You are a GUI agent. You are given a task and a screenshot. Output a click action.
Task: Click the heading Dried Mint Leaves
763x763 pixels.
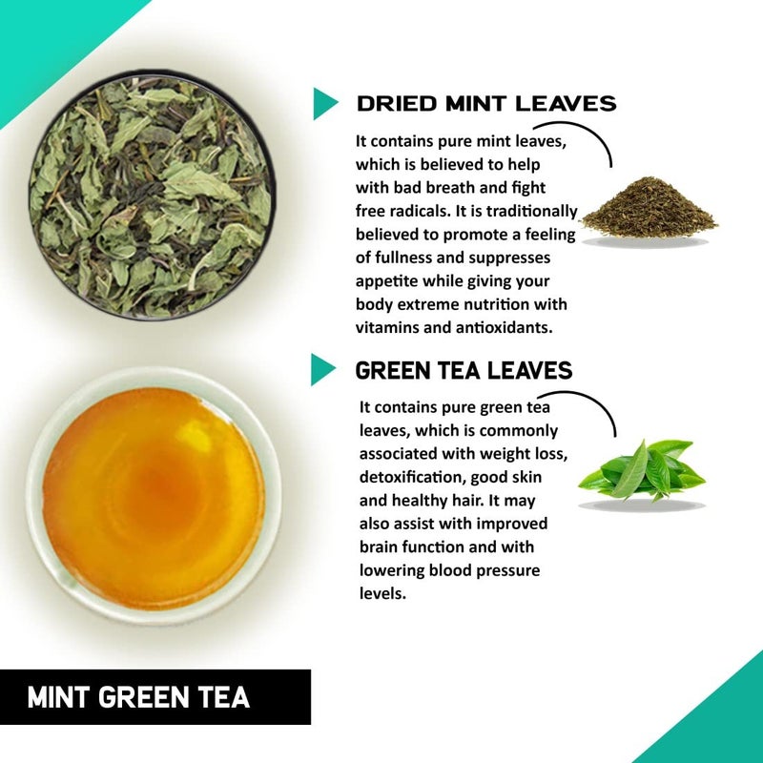click(486, 103)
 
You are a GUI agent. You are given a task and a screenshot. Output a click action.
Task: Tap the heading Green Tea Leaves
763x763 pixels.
click(464, 369)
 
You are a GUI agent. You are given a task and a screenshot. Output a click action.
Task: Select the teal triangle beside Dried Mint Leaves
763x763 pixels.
click(324, 103)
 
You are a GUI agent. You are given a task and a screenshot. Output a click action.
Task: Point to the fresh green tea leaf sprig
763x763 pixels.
click(641, 471)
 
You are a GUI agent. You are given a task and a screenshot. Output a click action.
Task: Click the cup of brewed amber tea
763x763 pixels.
click(153, 498)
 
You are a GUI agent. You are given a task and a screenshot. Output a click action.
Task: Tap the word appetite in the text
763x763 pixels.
click(387, 281)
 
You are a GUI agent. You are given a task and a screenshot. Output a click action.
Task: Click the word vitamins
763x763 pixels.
click(387, 326)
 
